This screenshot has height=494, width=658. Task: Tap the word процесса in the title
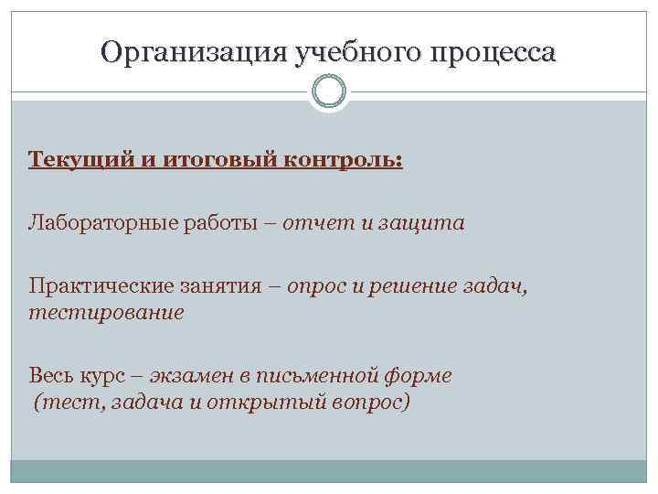[x=493, y=52]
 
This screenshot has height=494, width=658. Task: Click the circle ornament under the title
[x=329, y=91]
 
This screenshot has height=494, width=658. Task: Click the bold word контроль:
[x=345, y=161]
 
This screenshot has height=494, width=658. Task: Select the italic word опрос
[x=316, y=286]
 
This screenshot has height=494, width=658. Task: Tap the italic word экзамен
[x=189, y=376]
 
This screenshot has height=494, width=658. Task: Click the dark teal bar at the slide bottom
[x=329, y=471]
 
